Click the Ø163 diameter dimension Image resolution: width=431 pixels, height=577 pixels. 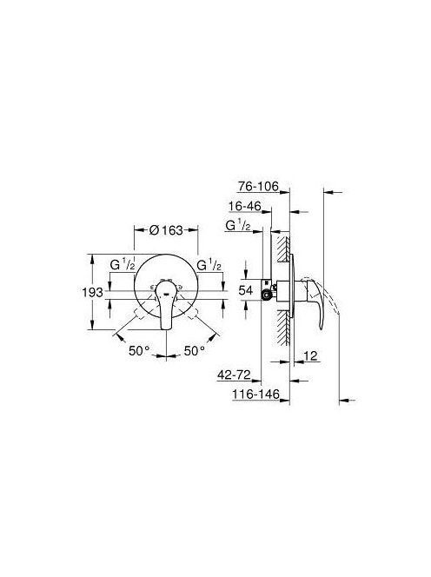click(x=166, y=230)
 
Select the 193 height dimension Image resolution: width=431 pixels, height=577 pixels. click(x=92, y=293)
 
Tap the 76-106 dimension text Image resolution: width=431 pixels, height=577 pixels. click(x=258, y=186)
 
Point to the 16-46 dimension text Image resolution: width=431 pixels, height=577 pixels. click(x=245, y=206)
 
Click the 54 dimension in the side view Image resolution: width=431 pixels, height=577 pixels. click(x=246, y=290)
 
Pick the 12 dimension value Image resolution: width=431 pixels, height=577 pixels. click(x=310, y=355)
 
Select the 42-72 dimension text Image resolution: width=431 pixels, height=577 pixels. click(x=234, y=375)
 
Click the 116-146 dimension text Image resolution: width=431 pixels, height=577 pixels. click(x=255, y=395)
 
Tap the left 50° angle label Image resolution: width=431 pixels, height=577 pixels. click(x=139, y=351)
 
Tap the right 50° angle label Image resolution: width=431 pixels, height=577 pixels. click(x=195, y=351)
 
